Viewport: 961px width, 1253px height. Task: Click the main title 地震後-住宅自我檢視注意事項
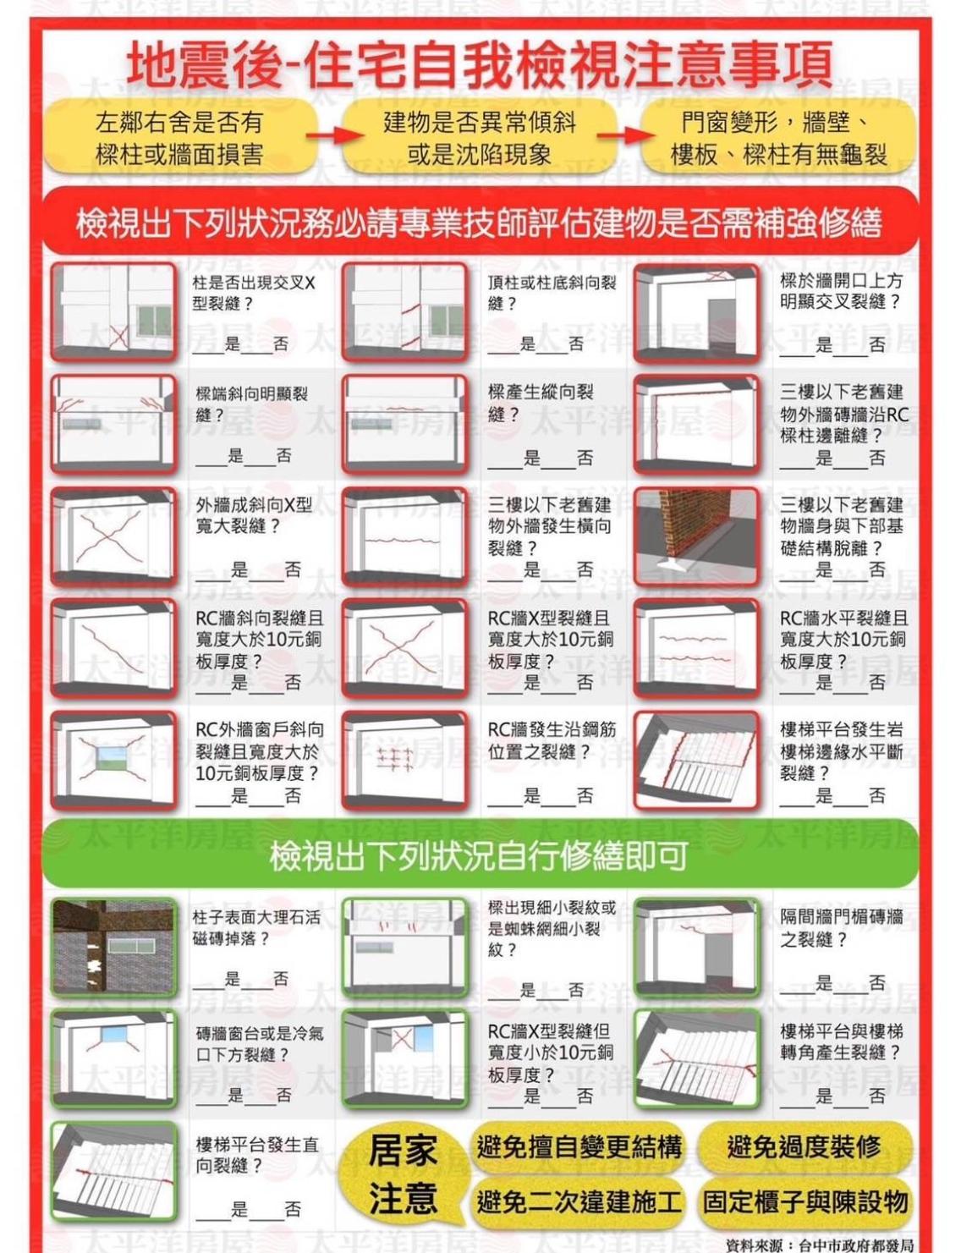[480, 63]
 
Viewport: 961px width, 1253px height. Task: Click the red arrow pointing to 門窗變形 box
[626, 137]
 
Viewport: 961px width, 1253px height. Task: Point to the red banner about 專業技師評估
[480, 222]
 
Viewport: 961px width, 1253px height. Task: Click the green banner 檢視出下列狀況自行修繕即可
[480, 856]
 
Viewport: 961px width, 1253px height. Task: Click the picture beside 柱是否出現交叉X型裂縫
[114, 312]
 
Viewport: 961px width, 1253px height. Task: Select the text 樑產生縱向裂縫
[541, 403]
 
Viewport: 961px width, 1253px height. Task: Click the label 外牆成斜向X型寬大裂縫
[255, 516]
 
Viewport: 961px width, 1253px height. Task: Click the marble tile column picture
[114, 947]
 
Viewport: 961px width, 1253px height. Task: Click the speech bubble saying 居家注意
[404, 1172]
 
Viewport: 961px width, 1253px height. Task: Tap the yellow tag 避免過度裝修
[804, 1146]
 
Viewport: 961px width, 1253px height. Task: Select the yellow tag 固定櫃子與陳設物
[804, 1197]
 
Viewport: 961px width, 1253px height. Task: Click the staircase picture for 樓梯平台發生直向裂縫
[114, 1172]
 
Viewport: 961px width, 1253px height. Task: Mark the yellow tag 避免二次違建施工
[579, 1197]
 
